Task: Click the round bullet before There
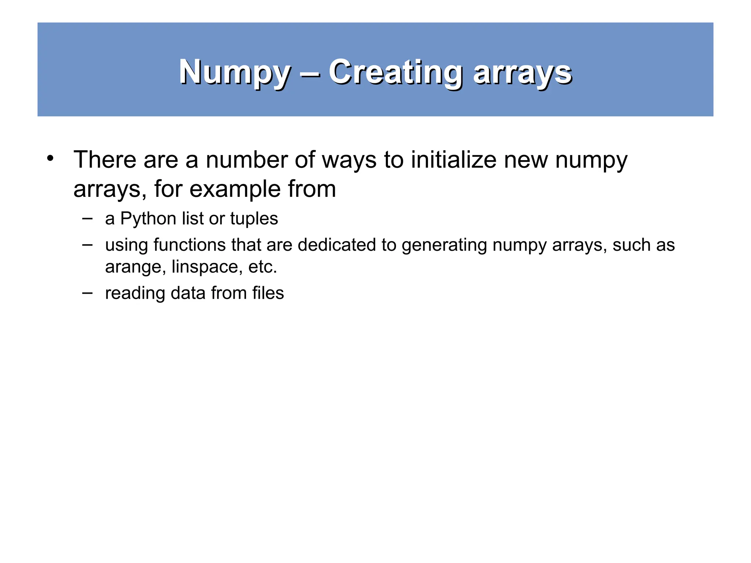50,159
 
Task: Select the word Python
148,219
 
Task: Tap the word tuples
254,219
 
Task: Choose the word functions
189,245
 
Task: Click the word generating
444,245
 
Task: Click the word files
268,293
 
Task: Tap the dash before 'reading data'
87,293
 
